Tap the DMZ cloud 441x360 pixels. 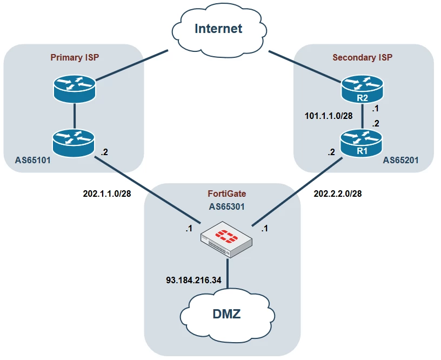[x=227, y=315]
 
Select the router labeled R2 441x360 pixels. [x=362, y=89]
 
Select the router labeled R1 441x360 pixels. [x=362, y=143]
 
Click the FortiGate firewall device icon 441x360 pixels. [x=226, y=239]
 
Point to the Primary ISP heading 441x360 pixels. [x=75, y=57]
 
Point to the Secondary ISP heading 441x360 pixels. [x=362, y=57]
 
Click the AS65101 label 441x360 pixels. [x=33, y=161]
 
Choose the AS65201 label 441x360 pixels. [x=401, y=161]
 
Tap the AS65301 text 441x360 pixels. [x=226, y=206]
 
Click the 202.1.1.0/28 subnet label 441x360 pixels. [x=107, y=194]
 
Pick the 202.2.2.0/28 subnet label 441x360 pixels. [x=338, y=194]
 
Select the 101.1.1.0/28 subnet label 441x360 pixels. [x=329, y=116]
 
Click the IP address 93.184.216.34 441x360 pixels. [x=194, y=280]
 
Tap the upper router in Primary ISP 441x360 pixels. [x=75, y=89]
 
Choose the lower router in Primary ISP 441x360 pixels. [x=73, y=143]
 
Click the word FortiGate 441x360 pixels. [x=227, y=194]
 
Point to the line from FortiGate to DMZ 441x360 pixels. [x=227, y=273]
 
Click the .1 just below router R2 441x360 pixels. [x=375, y=109]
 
